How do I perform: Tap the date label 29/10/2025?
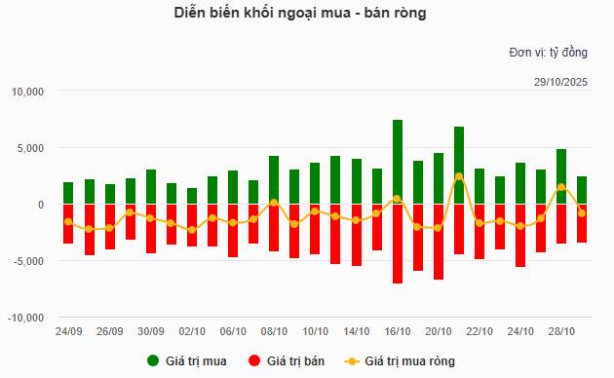(x=559, y=80)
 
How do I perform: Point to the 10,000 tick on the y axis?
(x=28, y=92)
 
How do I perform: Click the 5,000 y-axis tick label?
(x=31, y=148)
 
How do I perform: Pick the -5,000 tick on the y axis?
(x=29, y=261)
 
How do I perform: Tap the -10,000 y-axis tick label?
(x=26, y=318)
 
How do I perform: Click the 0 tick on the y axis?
(x=41, y=205)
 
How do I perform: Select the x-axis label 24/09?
(x=68, y=331)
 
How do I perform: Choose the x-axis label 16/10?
(x=398, y=331)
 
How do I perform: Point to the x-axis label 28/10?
(x=561, y=331)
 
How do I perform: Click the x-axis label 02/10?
(x=192, y=331)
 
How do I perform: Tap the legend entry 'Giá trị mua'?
(x=187, y=361)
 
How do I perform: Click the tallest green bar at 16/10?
(x=398, y=162)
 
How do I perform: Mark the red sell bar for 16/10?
(x=398, y=244)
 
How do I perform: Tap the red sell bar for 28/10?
(x=561, y=229)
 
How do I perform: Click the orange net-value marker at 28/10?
(x=561, y=187)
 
